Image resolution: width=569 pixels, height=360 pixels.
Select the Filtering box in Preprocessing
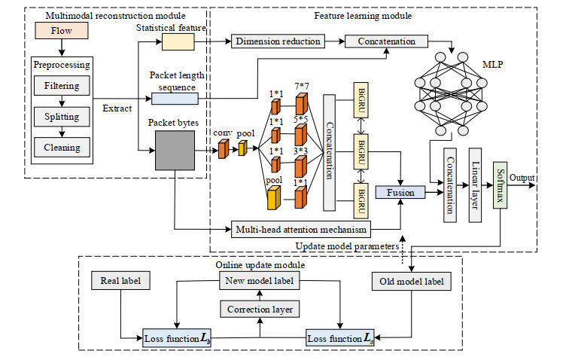pos(62,86)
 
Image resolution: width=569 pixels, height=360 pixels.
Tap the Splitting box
pos(62,117)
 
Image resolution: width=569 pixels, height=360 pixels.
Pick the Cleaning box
pos(62,147)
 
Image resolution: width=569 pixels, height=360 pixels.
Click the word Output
pos(522,178)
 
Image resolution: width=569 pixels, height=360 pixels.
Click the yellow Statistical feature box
pos(178,44)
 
